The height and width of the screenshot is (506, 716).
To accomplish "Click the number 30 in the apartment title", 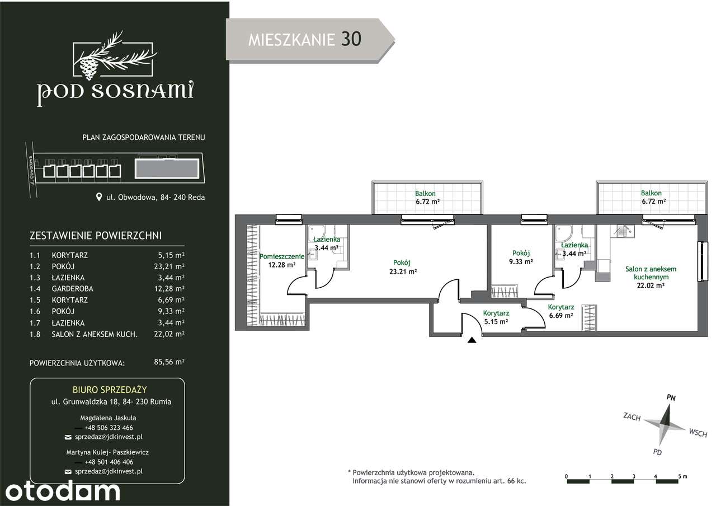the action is coord(351,39).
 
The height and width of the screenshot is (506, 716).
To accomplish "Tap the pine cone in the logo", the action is coord(88,68).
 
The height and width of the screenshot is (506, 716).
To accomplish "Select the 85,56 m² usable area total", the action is coord(169,362).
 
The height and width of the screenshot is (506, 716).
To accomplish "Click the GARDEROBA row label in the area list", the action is coord(73,289).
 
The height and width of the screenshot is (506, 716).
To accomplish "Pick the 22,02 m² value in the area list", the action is coord(169,334).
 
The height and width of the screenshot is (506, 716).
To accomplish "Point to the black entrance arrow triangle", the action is coord(472,340).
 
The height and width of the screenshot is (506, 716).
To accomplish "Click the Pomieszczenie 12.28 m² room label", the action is coord(281,261).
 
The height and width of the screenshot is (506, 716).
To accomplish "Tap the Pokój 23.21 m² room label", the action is coord(403,267).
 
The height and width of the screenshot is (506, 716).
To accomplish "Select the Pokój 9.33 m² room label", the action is coord(521,257).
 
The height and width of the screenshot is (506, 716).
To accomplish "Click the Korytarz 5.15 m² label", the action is coord(496,317).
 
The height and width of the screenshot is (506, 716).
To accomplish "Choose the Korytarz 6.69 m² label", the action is coord(561,311).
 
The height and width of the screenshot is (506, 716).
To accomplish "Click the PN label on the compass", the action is coord(671,397).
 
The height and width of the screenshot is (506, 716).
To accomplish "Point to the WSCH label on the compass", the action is coord(698,433).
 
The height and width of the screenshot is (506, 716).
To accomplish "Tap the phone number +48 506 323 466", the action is coord(109,428).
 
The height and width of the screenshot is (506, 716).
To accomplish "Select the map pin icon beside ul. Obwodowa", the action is coord(99,196).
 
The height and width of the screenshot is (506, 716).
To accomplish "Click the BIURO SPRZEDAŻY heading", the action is coord(110,390).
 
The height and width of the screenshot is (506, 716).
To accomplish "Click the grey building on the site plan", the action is coord(167,168).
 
